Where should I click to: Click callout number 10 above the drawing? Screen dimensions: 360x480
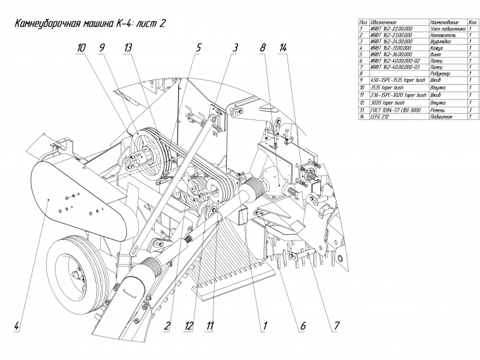(x=81, y=48)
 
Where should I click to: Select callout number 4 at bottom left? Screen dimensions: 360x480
(x=16, y=327)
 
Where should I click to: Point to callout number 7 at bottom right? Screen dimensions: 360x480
(x=337, y=327)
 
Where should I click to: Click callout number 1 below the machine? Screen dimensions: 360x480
(x=266, y=327)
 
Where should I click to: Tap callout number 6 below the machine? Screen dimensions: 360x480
(x=303, y=327)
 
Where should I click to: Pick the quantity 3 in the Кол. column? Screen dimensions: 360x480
(x=472, y=110)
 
